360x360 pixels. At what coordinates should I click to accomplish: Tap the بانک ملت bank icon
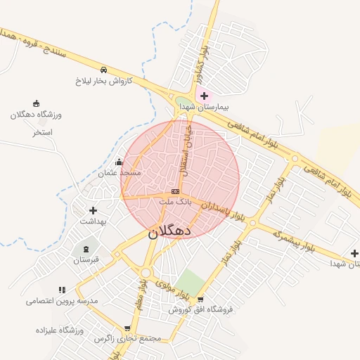[175, 191]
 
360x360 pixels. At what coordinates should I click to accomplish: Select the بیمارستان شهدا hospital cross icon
[205, 96]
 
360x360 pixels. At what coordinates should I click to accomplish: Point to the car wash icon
[103, 70]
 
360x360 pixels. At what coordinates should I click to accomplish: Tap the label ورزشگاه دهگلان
[37, 115]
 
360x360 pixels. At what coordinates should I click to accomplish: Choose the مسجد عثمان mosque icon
[119, 162]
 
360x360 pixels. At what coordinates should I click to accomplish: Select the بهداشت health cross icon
[93, 210]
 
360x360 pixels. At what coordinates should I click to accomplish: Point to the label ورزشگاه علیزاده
[59, 330]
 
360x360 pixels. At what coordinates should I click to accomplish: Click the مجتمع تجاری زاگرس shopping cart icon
[127, 328]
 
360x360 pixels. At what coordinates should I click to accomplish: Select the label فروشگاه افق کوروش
[200, 309]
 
